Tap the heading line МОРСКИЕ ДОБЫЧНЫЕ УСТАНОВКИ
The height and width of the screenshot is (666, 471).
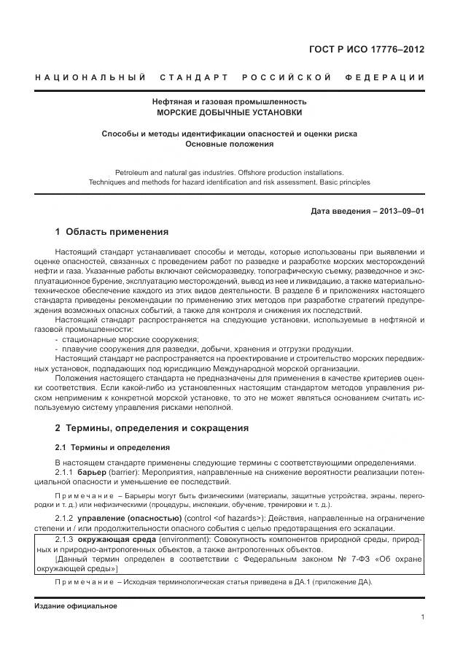coord(229,113)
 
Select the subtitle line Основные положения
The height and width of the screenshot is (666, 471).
coord(229,144)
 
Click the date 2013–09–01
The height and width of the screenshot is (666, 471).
coord(399,212)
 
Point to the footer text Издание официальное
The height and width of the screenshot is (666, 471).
coord(75,606)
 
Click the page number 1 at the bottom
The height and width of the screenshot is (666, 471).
coord(422,617)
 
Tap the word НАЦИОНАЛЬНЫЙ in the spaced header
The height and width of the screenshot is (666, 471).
coord(90,77)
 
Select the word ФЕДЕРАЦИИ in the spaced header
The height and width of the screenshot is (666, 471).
coord(387,77)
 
